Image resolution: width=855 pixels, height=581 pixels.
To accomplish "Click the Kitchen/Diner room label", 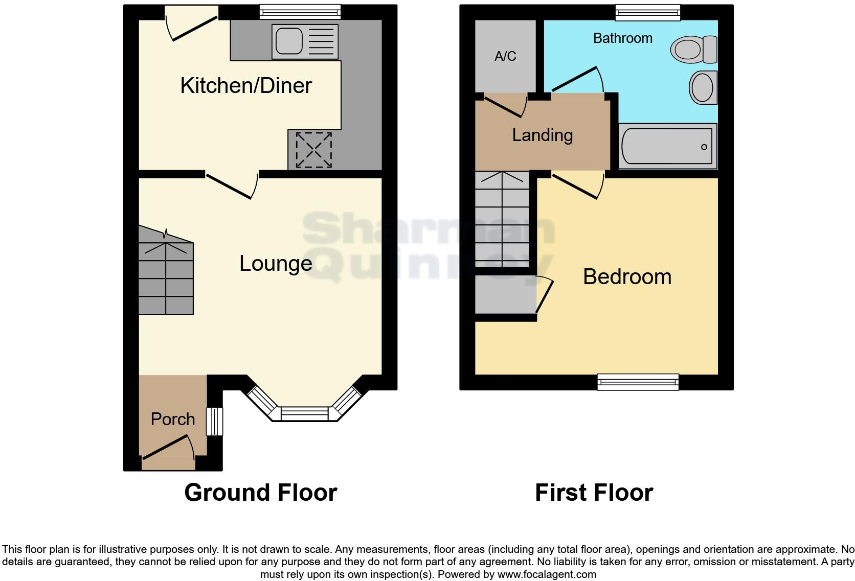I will point(246,85).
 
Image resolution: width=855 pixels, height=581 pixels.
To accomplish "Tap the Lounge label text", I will point(276,264).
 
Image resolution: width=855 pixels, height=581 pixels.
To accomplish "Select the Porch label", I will point(173,420).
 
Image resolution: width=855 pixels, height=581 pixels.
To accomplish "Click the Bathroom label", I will point(622,38).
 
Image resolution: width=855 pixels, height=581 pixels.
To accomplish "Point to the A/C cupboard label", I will point(505,56).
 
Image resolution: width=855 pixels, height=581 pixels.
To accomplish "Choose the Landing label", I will point(542,135).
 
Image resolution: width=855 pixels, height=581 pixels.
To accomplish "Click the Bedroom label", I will point(627,277).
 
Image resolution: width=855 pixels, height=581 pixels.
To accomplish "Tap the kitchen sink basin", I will point(289,41).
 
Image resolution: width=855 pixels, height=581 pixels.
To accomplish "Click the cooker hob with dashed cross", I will point(313,150).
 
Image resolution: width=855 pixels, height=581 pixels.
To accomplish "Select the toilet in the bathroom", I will point(694,50).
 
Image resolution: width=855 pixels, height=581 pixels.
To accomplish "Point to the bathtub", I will point(667,147).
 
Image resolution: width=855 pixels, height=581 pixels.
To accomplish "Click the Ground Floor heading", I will point(260,493).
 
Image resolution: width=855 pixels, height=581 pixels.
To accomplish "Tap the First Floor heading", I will point(594,493).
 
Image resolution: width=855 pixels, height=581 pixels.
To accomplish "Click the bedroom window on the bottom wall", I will point(638,381).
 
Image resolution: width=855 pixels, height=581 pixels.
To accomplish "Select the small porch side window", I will point(215,421).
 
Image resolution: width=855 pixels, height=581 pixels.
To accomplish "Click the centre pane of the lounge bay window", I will point(305,414).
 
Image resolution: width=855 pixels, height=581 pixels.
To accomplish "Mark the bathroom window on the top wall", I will point(647,12).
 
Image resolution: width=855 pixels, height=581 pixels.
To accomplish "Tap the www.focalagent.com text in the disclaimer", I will point(547,574).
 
